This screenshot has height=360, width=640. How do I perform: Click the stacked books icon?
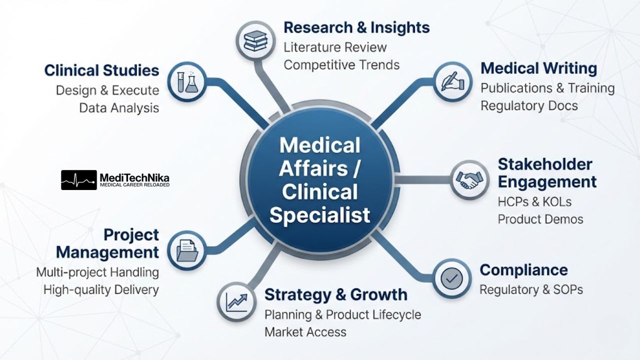[x=255, y=41]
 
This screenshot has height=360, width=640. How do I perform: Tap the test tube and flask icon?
[x=187, y=82]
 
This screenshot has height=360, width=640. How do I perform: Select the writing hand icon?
[x=453, y=81]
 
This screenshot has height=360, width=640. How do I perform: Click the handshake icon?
[x=469, y=180]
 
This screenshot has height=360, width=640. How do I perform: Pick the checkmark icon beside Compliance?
[x=451, y=278]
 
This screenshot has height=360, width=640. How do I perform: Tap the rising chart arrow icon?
[x=236, y=302]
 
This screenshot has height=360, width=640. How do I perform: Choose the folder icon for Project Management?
[x=187, y=250]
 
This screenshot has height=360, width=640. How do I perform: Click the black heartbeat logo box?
[x=79, y=180]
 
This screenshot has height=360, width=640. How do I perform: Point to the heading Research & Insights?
[x=356, y=27]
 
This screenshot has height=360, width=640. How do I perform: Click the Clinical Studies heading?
[x=101, y=70]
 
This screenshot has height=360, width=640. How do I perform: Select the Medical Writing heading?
[x=539, y=68]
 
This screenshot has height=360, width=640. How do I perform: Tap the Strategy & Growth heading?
[x=336, y=294]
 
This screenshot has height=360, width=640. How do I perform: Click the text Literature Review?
[x=335, y=47]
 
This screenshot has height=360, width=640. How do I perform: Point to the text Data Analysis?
[x=119, y=108]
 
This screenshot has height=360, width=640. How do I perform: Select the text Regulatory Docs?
[x=529, y=106]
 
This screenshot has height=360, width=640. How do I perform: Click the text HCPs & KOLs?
[x=534, y=202]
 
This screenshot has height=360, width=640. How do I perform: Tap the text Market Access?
[x=305, y=332]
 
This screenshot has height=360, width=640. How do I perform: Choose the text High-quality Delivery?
[x=101, y=290]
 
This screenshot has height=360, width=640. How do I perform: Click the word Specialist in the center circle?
[x=319, y=215]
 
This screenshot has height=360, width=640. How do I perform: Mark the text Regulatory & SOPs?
[x=531, y=289]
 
